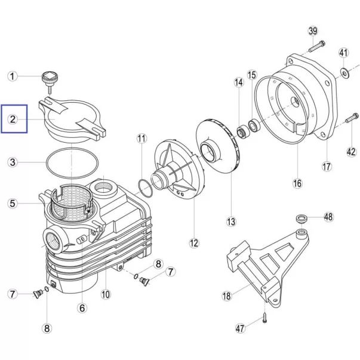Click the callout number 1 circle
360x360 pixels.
coord(13,76)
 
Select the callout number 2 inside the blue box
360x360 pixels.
coord(13,119)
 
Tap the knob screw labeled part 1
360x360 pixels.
coord(50,81)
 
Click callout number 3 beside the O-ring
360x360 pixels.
coord(13,162)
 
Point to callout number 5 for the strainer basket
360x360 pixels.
coord(13,204)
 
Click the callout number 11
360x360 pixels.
coord(141,139)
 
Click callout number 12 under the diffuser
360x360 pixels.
coord(194,243)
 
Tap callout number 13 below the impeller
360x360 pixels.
coord(231,221)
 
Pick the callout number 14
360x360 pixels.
coord(239,82)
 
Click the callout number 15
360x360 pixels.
coord(252,75)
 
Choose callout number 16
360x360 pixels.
coord(297,183)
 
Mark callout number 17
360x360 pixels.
coord(327,167)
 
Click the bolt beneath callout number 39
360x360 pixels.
coord(317,47)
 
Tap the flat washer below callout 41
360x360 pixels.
coord(344,73)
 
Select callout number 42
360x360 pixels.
coord(351,152)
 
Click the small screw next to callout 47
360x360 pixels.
coord(264,319)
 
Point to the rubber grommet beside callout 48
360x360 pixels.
coord(301,219)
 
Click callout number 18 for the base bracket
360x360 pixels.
coord(227,296)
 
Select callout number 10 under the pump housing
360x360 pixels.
coord(106,294)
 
